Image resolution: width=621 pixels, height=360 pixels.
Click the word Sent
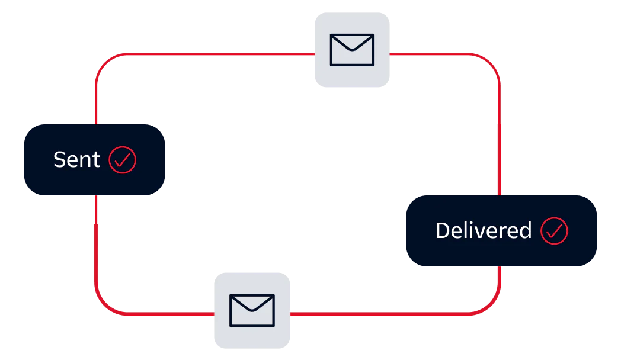click(x=76, y=160)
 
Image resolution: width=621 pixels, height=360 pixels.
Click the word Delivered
click(x=483, y=231)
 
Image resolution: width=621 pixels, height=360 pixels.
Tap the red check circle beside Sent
click(x=123, y=160)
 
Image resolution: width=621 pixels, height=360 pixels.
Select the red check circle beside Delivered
click(x=554, y=231)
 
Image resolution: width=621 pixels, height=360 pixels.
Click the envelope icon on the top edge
click(x=352, y=50)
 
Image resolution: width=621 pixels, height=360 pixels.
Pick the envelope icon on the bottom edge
click(x=252, y=310)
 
